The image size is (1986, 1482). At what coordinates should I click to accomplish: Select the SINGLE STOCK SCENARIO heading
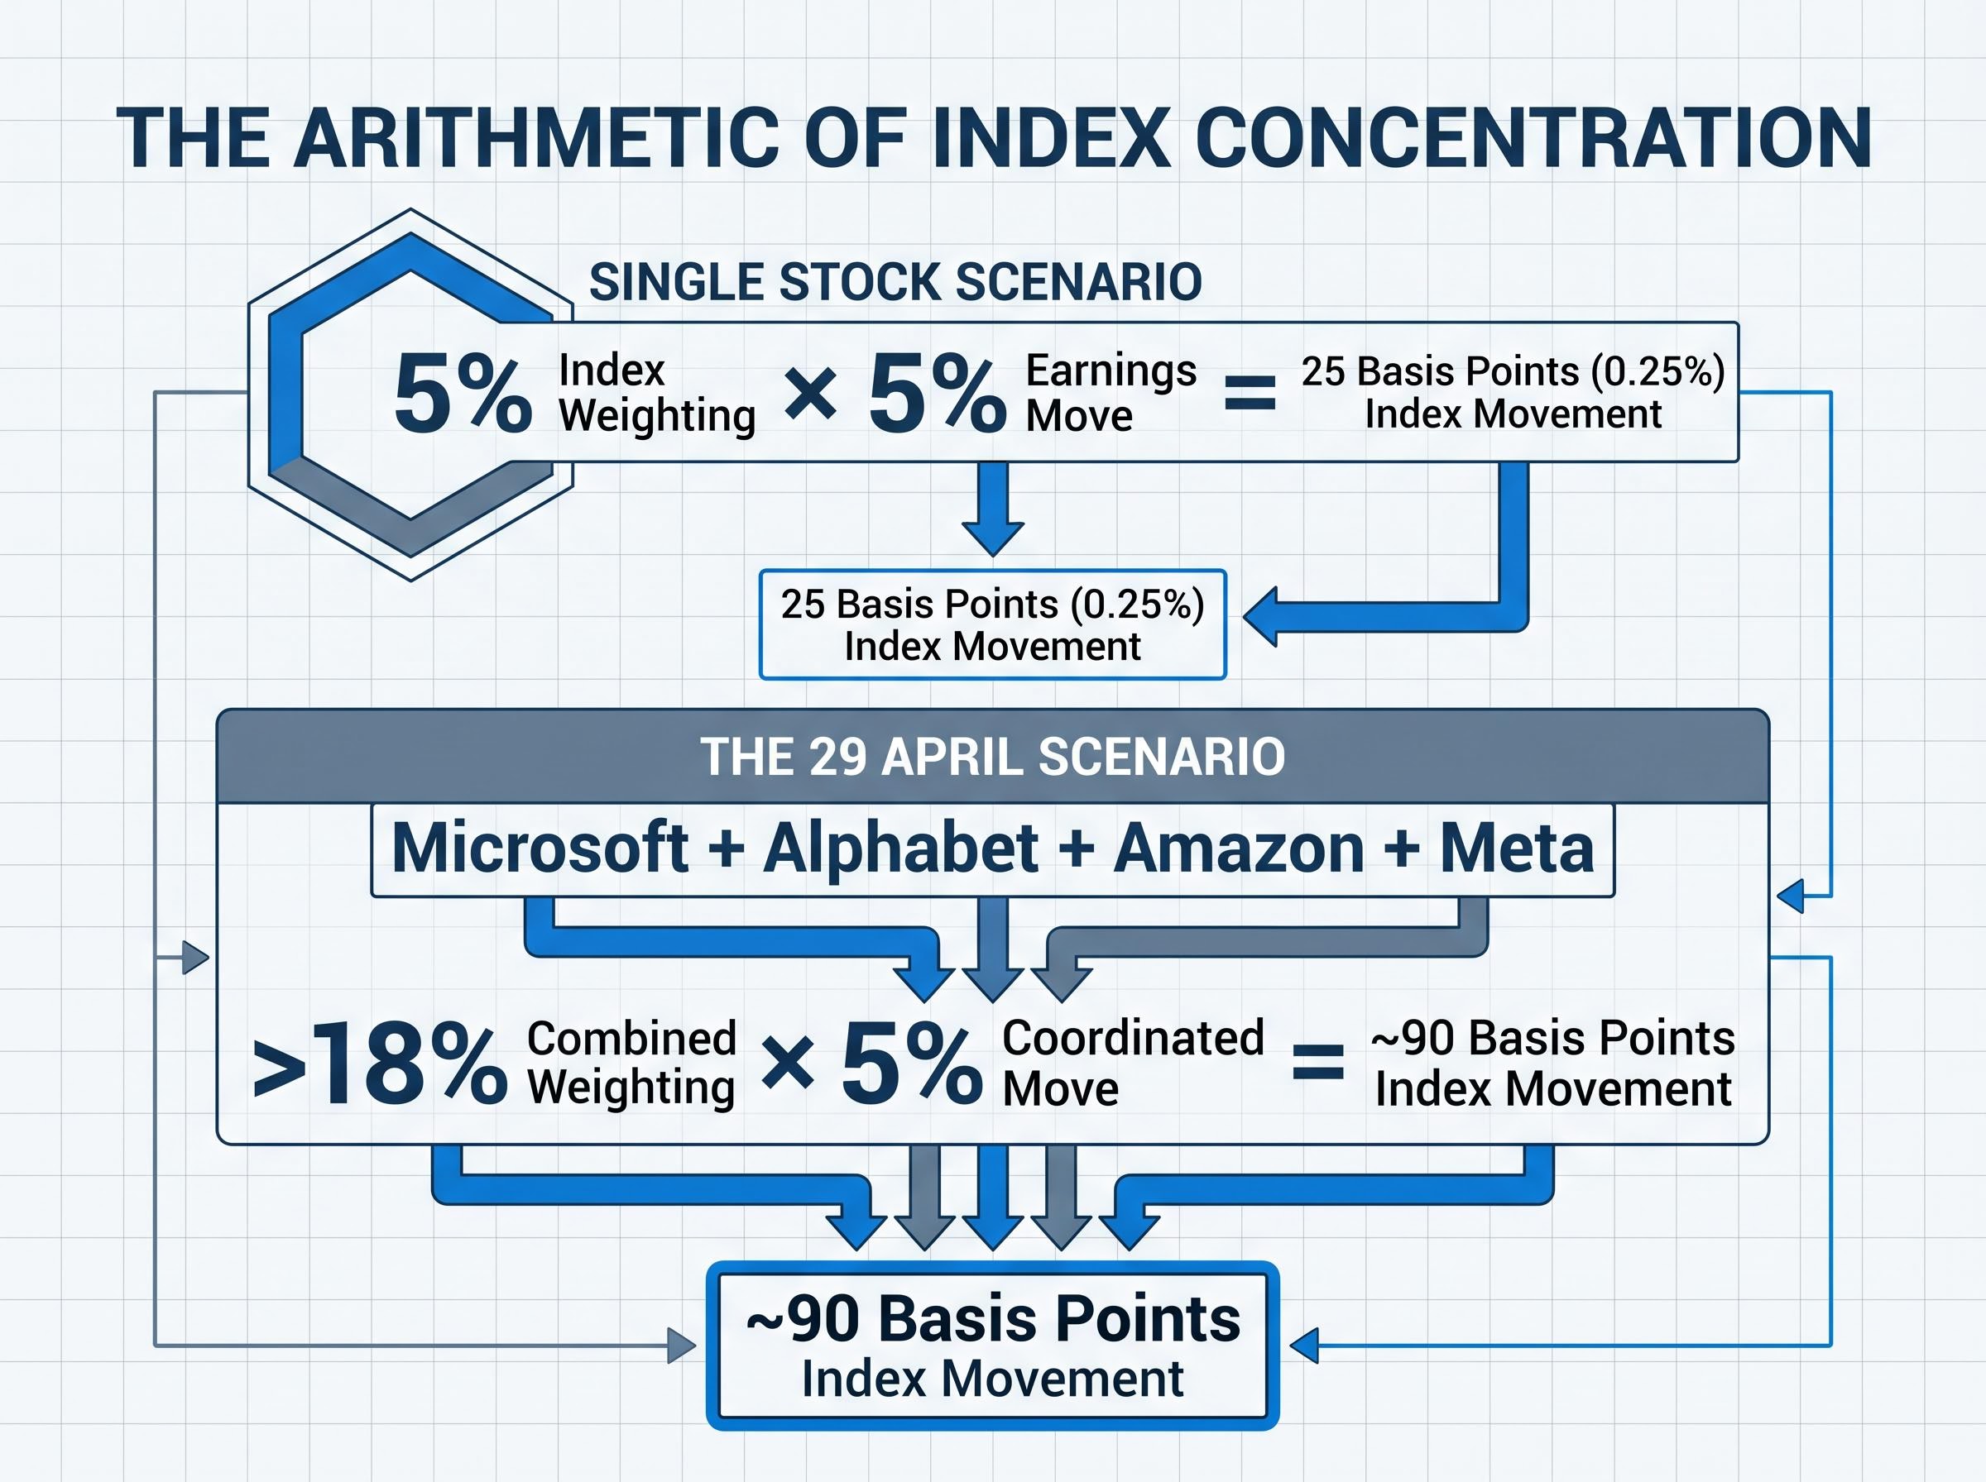[895, 282]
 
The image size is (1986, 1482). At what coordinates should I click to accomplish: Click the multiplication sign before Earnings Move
[810, 395]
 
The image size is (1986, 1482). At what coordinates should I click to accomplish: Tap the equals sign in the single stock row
[1250, 393]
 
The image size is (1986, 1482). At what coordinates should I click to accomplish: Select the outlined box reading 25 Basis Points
[991, 624]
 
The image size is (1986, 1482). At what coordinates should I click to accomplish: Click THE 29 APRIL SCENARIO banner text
[991, 756]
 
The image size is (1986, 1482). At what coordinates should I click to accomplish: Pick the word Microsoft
[540, 848]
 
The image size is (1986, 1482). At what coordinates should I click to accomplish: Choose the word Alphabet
[900, 848]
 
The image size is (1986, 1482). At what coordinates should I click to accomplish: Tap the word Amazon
[1239, 848]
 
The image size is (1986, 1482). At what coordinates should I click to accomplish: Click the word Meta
[1517, 848]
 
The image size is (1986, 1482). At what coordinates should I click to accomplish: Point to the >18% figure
[380, 1065]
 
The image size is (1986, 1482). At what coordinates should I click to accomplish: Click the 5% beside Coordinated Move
[911, 1065]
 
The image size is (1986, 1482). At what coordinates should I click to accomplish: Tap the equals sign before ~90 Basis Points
[1317, 1063]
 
